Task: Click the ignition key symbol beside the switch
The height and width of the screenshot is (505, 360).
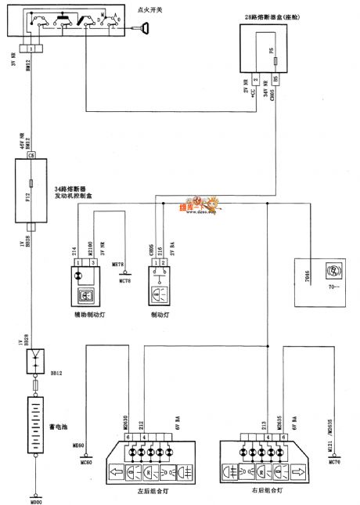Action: [x=143, y=29]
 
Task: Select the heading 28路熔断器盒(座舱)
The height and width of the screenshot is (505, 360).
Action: [x=279, y=16]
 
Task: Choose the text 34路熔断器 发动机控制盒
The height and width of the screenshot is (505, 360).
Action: [x=74, y=194]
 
